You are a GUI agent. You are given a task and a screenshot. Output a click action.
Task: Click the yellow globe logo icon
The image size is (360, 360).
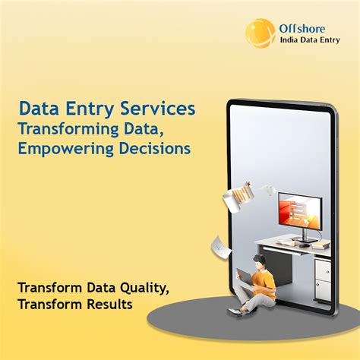tap(260, 33)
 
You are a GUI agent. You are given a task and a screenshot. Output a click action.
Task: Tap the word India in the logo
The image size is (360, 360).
tap(293, 42)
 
